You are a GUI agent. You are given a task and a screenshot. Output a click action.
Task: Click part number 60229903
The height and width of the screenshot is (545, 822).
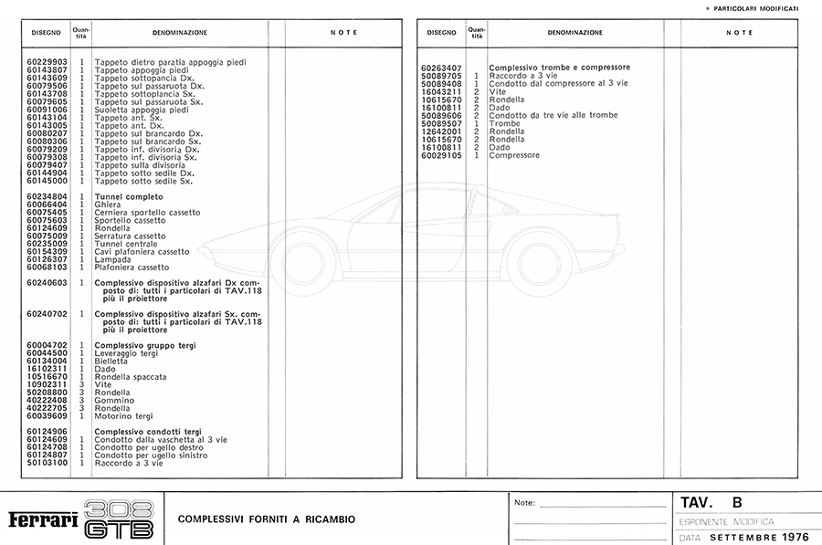(47, 62)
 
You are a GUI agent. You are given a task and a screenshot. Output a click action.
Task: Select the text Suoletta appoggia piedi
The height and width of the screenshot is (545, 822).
(142, 110)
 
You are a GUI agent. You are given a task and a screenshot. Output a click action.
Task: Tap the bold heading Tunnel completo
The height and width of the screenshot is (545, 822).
(129, 197)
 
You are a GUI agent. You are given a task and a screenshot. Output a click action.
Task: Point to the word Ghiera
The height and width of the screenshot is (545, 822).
(107, 205)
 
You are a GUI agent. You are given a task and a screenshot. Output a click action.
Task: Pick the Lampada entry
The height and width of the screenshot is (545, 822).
(111, 260)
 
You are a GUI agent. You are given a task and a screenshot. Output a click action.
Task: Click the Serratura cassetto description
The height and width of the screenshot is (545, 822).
(131, 236)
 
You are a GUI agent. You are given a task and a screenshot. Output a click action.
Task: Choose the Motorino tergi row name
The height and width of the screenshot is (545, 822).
(124, 416)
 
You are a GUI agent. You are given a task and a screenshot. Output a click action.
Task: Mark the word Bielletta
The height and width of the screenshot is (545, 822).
(111, 362)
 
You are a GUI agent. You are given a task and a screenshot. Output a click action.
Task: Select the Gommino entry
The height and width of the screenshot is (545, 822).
(114, 401)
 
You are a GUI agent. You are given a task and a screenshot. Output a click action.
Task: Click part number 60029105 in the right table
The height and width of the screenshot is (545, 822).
(442, 155)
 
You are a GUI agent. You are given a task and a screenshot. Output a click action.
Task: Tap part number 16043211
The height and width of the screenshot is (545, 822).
(442, 92)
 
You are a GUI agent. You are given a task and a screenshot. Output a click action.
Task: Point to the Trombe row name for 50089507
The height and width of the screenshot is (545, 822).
(503, 123)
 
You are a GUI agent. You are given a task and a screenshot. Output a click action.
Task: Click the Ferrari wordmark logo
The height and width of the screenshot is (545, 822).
(42, 519)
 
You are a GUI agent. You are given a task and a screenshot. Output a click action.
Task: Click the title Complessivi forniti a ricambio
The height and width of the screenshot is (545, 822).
(266, 519)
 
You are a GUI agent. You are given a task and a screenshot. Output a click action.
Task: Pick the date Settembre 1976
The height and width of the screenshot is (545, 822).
(758, 537)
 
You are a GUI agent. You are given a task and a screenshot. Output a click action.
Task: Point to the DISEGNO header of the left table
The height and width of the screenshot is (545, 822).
(46, 33)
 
